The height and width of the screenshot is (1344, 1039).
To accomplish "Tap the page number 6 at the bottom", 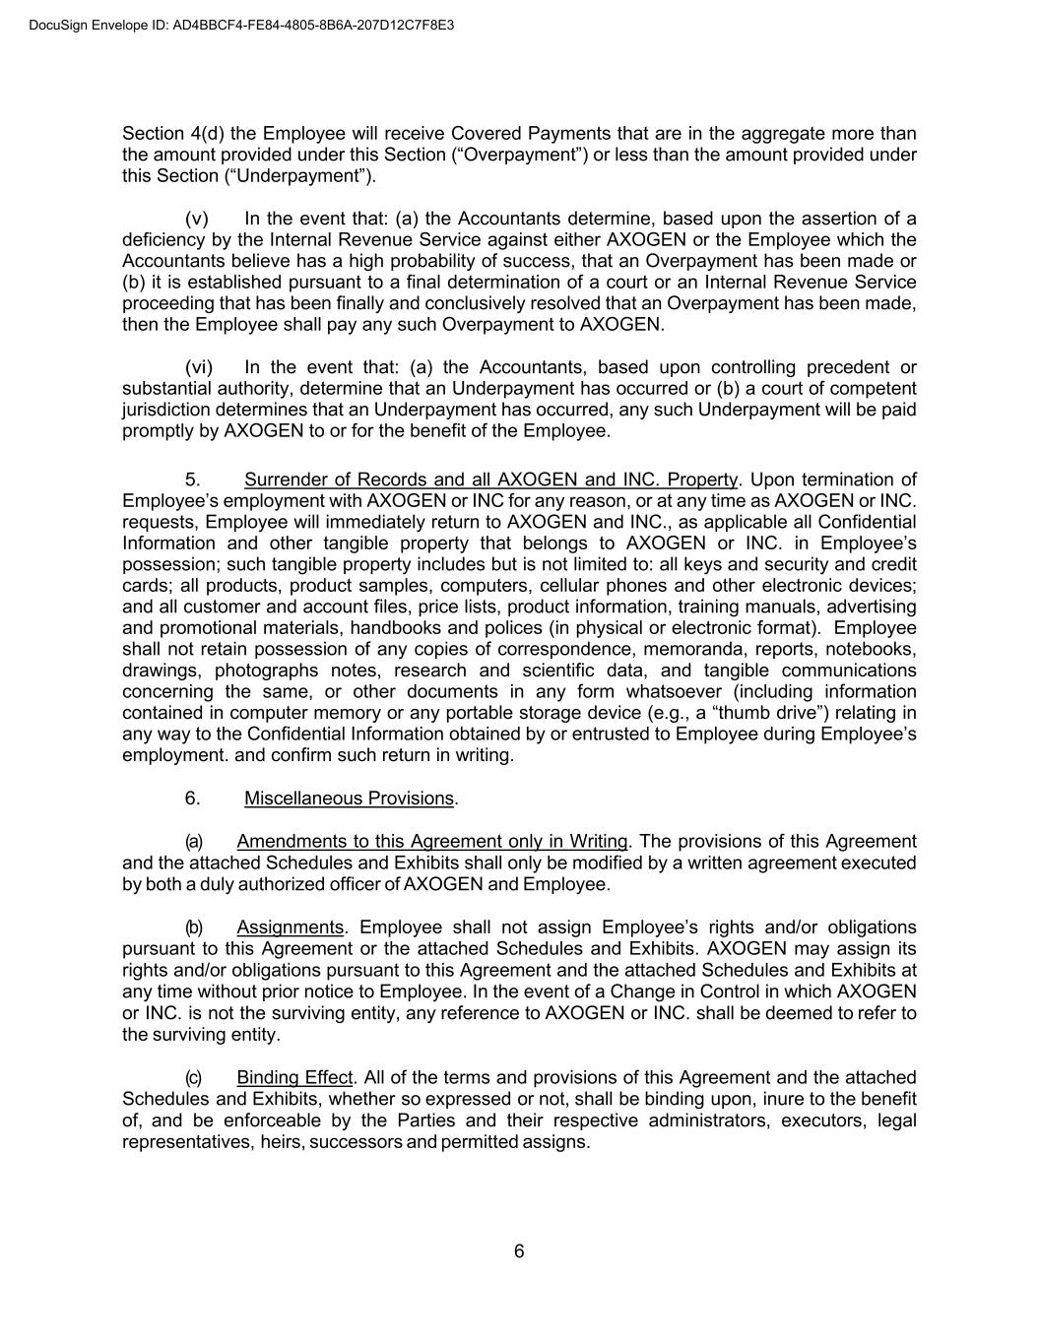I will (519, 1251).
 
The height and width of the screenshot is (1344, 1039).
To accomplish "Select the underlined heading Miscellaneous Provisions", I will (349, 799).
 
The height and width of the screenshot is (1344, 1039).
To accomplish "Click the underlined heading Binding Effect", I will (294, 1077).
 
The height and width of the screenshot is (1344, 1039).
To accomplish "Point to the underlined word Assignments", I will (290, 928).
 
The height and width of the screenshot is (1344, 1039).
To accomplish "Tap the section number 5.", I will (192, 480).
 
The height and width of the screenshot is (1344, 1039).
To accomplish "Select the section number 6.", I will (192, 799).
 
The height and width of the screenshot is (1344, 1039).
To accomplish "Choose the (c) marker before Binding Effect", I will (194, 1077).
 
